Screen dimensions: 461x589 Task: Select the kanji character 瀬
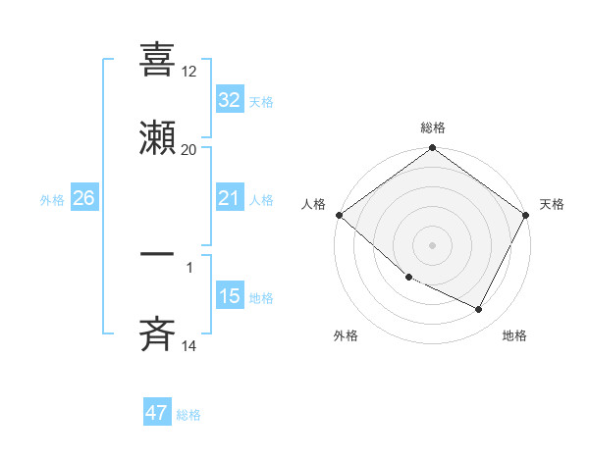click(x=158, y=139)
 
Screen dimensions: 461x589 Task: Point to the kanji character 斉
click(x=158, y=335)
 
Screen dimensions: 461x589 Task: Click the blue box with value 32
click(x=230, y=100)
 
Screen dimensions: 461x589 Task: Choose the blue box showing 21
click(x=230, y=198)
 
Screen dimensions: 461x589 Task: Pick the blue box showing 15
click(x=230, y=296)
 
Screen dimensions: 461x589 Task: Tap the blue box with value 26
click(x=83, y=198)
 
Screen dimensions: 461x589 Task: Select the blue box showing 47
click(x=157, y=413)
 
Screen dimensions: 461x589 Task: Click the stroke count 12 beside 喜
click(x=189, y=71)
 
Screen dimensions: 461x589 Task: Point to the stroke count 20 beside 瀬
click(x=189, y=150)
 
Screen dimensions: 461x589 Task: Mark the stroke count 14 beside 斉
click(x=189, y=346)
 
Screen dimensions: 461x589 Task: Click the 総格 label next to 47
click(x=188, y=415)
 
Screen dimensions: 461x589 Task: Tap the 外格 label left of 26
click(x=52, y=200)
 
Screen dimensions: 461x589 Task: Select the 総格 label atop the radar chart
click(x=433, y=128)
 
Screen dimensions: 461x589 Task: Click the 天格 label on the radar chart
click(x=553, y=204)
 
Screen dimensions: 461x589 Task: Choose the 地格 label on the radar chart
click(x=514, y=335)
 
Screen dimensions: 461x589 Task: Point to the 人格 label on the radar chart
click(x=313, y=204)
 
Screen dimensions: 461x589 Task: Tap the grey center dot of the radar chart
click(x=433, y=244)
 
